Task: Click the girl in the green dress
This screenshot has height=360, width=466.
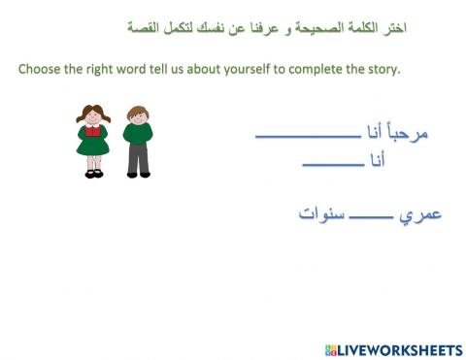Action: pos(93,139)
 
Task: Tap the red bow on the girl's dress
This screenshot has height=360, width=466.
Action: pos(93,128)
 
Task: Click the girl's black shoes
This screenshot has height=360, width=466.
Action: pos(93,174)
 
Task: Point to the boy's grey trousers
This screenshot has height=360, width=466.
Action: pos(138,160)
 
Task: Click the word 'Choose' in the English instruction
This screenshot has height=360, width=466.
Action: pos(42,70)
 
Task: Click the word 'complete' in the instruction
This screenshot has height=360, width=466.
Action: pos(317,70)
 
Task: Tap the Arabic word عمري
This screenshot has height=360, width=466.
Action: pos(422,213)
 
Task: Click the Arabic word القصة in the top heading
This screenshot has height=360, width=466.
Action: pos(143,28)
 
